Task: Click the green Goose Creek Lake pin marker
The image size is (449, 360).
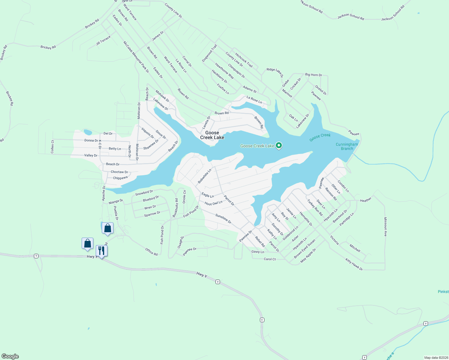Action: coord(279,145)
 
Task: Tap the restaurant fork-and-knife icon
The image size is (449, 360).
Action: coord(101,250)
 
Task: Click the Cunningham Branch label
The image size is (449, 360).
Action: coord(347,146)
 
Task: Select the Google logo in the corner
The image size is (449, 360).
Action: coord(10,356)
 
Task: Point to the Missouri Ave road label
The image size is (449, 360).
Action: coord(385,227)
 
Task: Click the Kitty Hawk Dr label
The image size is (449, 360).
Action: coord(354,265)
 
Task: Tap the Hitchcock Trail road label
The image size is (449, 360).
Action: coord(244,60)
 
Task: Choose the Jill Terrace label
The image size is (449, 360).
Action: coord(103,40)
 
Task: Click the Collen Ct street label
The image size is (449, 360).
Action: coord(53,147)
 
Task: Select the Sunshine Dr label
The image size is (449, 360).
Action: coord(223,219)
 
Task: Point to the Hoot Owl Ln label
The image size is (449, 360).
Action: coord(213,203)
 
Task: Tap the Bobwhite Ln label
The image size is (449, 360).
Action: coord(204,176)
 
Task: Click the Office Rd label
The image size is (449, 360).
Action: coord(151,251)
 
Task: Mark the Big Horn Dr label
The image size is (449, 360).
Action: coord(313,75)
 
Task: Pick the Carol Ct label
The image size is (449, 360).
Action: coord(270,259)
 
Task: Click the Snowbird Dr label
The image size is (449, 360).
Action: coord(144,193)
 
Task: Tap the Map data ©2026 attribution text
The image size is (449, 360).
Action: coord(435,358)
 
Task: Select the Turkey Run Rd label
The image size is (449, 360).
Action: coord(315,208)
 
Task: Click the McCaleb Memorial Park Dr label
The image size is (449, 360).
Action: coord(136,57)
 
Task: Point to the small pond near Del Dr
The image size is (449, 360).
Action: coord(88,132)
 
